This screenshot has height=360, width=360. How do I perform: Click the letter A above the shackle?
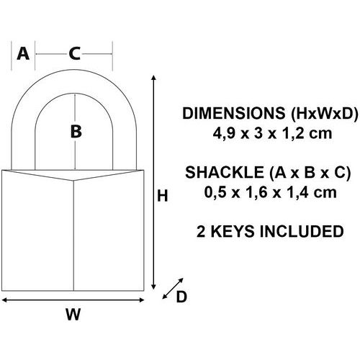coord(23,53)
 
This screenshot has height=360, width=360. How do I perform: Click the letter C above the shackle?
coord(75,53)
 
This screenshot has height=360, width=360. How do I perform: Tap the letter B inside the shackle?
coord(76,132)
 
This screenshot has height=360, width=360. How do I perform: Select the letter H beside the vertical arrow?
coord(162,196)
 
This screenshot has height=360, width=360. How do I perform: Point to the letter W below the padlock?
coord(73,314)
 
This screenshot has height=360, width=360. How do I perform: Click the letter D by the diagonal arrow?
coord(181,297)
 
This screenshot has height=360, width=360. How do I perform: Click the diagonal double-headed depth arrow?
coord(173,289)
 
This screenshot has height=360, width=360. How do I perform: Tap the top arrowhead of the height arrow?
coord(154,77)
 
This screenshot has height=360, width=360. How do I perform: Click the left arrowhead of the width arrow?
coord(4,300)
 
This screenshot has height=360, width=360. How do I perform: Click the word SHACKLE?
coord(225,172)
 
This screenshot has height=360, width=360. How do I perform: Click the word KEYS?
coord(233,231)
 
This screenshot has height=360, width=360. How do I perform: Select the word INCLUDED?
coord(302,231)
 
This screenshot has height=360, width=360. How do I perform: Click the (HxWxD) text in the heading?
coord(324,113)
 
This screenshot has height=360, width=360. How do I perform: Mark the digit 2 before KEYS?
coord(201,231)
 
